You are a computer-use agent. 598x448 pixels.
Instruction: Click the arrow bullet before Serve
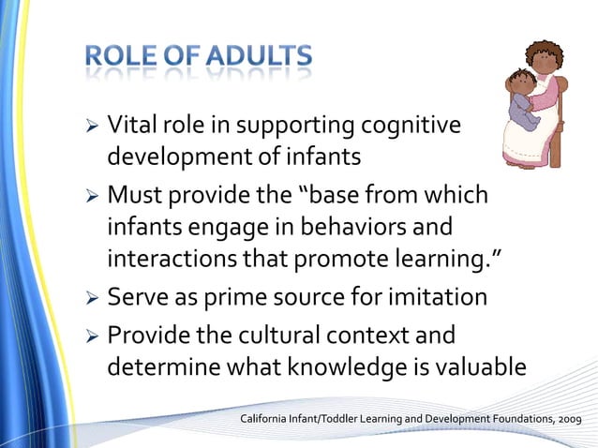(92, 299)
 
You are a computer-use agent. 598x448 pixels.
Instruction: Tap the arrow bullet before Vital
(92, 126)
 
